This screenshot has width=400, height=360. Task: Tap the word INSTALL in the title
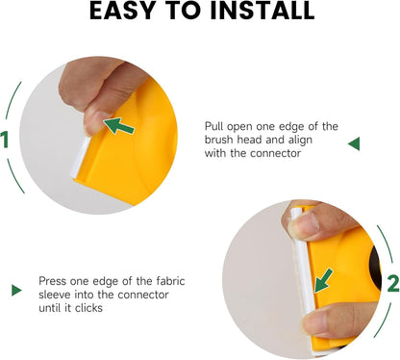tap(262, 11)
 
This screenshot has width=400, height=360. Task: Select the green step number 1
tap(4, 140)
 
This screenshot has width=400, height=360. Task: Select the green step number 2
tap(393, 284)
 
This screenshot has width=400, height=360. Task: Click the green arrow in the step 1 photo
tap(118, 126)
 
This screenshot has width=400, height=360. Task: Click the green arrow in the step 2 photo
tap(323, 281)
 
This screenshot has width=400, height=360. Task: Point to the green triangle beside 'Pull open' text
tap(354, 143)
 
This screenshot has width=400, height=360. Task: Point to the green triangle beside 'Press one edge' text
tap(16, 290)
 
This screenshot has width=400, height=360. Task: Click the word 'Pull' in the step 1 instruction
tap(214, 126)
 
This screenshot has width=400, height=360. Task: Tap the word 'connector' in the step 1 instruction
tap(275, 153)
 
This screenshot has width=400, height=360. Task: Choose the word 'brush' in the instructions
tap(219, 140)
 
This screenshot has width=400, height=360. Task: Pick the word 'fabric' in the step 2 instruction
tap(170, 281)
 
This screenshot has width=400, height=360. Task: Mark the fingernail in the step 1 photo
tap(93, 123)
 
